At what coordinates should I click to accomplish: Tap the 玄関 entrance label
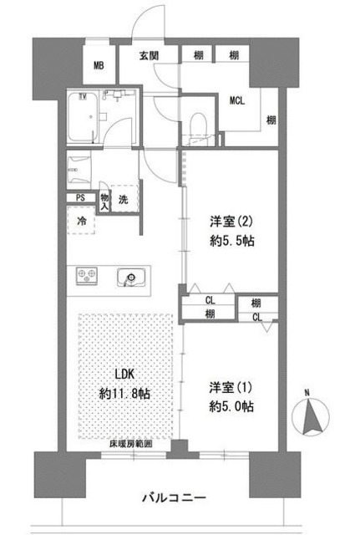(150, 56)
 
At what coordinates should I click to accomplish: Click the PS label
(80, 198)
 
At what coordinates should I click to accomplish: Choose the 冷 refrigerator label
(82, 222)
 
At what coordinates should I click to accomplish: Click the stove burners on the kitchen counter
(88, 276)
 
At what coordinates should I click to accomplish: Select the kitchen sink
(130, 276)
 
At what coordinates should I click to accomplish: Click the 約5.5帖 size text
(231, 242)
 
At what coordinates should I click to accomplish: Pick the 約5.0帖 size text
(231, 406)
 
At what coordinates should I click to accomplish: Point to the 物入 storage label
(105, 201)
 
